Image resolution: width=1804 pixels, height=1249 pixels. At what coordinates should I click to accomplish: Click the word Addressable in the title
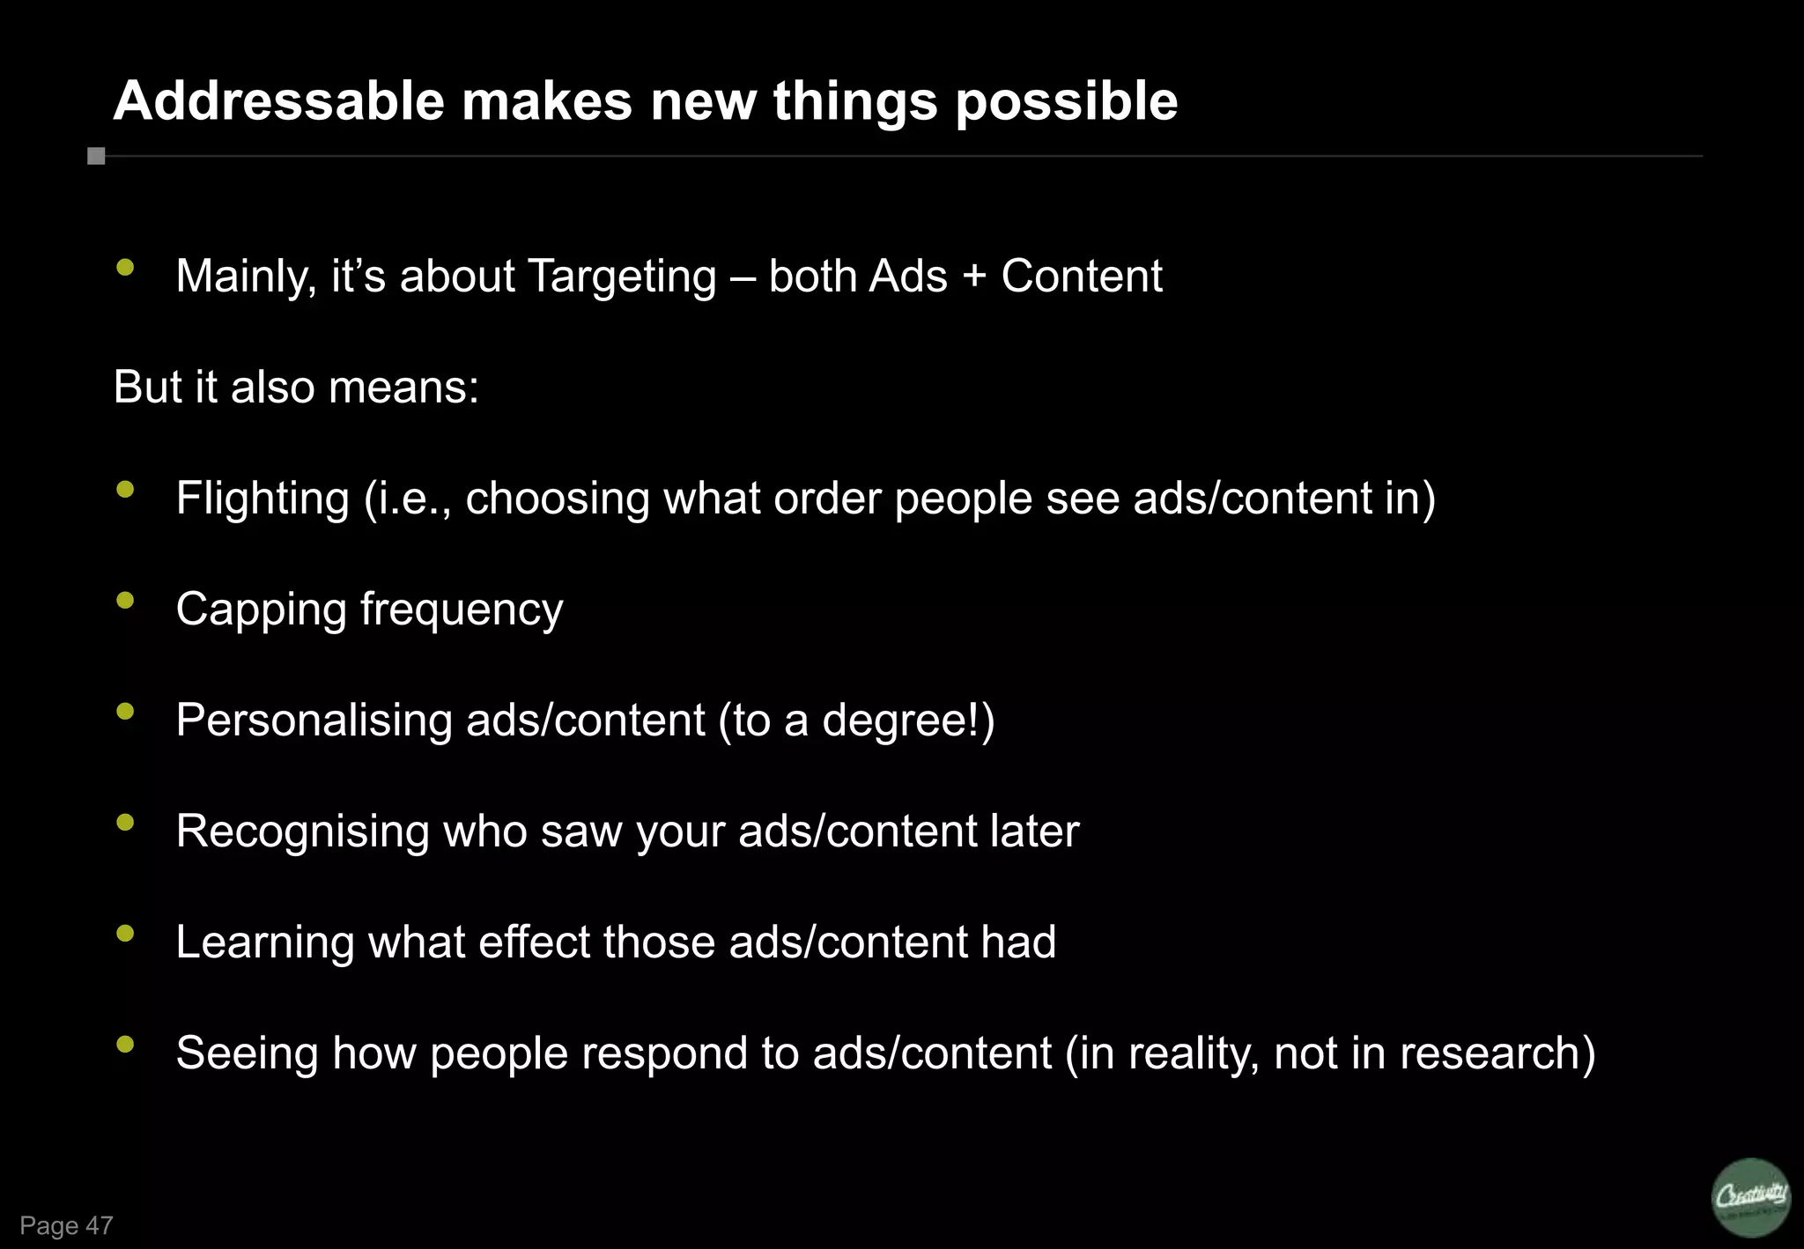278,100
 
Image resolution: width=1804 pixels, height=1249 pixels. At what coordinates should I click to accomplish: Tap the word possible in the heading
1066,102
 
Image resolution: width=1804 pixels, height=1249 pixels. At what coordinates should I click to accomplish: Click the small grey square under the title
96,156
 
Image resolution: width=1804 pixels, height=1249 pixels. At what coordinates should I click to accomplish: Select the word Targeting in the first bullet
622,277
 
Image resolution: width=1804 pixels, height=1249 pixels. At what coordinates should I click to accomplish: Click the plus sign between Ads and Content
973,277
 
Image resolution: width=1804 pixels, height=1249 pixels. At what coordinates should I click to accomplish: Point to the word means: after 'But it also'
403,388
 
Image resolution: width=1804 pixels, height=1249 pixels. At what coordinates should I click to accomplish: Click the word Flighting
262,499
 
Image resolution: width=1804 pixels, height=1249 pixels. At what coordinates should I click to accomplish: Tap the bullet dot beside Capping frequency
125,600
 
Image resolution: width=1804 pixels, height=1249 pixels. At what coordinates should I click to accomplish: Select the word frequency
462,610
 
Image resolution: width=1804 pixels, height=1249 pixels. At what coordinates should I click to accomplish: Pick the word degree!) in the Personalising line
908,721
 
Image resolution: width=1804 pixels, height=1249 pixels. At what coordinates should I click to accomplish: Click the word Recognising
302,831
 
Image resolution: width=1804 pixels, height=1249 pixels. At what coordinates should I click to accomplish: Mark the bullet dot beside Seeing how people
125,1044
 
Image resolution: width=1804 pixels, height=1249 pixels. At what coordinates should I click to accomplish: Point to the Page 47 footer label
66,1225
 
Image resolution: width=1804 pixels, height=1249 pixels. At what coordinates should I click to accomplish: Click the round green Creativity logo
1751,1197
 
